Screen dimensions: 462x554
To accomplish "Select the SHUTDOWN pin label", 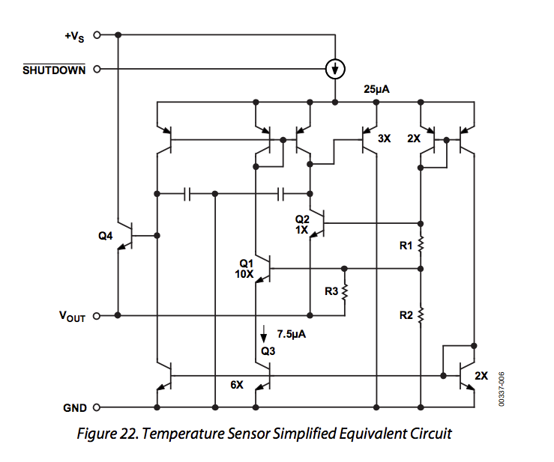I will click(x=54, y=70).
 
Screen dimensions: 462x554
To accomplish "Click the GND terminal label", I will click(x=74, y=409).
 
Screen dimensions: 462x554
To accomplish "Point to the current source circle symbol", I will click(x=335, y=70).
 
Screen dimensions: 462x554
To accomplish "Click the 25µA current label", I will click(x=377, y=89).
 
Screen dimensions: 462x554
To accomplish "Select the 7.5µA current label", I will click(x=292, y=334).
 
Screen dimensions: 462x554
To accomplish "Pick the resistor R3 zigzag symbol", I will click(x=345, y=291).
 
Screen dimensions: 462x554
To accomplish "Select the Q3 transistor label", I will click(x=268, y=350).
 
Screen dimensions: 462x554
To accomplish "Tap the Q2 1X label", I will click(x=301, y=225).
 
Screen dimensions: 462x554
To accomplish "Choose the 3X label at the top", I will click(x=385, y=139).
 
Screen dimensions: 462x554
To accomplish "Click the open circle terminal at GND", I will click(x=96, y=408).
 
